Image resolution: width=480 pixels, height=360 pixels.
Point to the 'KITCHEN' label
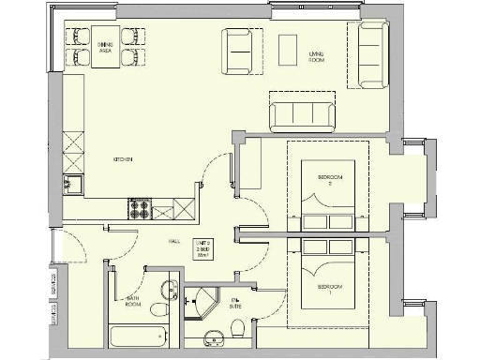pos(124,159)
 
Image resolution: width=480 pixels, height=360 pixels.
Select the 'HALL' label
pos(174,241)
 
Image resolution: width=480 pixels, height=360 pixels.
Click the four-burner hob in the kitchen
pos(142,208)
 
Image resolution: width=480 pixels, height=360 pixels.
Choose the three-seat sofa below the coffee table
pos(302,114)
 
